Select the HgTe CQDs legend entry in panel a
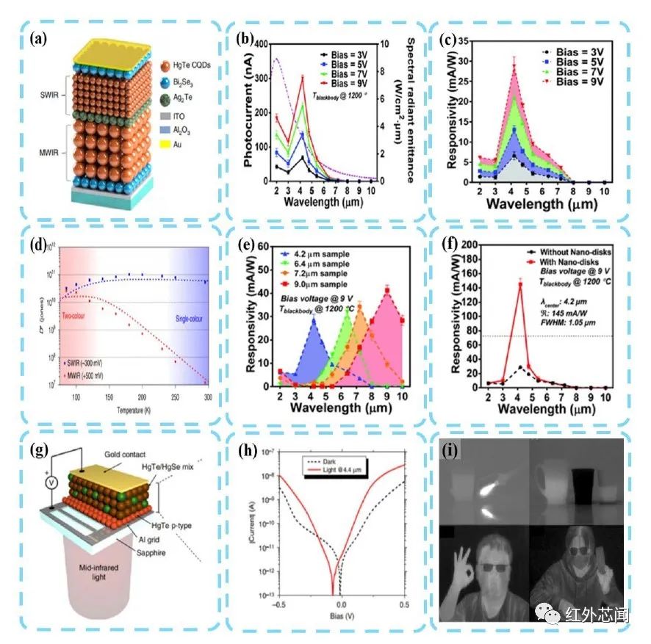pos(190,64)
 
